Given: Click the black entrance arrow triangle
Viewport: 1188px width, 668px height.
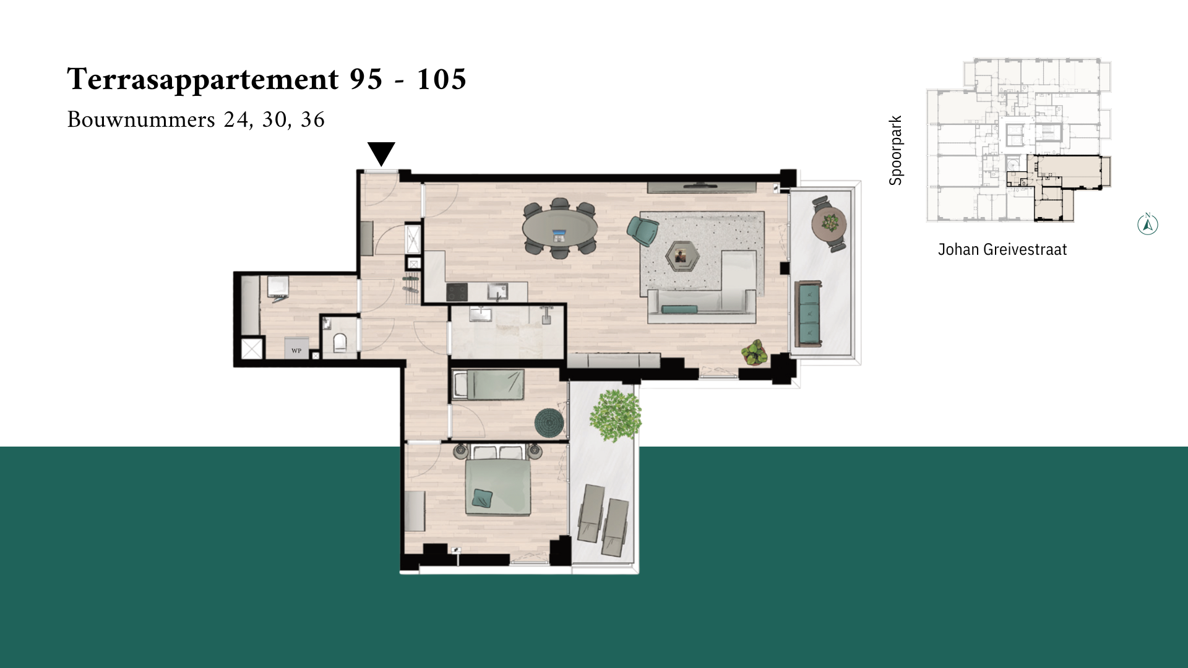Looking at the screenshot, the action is coord(381,152).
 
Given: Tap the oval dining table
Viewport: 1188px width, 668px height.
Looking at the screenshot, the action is coord(559,228).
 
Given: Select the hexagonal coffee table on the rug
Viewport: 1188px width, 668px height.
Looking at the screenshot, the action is coord(682,256).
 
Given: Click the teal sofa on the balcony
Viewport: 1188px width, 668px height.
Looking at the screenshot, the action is coord(809,314).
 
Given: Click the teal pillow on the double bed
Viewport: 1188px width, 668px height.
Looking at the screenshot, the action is coord(483,498).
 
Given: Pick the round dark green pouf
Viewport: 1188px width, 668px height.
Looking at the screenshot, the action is coord(549,423).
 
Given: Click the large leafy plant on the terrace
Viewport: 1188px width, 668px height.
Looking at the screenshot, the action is coord(615,415).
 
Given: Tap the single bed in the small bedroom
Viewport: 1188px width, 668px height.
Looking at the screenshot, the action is coord(488,385).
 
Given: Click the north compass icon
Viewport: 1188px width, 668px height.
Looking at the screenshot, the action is coord(1148,224).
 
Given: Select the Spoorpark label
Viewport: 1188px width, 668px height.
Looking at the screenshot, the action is coord(895,150).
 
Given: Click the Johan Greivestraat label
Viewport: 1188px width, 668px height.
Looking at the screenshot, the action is coord(1002,249).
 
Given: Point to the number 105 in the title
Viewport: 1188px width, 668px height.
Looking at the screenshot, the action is coord(441,79).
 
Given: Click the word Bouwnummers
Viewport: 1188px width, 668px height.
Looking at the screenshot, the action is coord(141,119).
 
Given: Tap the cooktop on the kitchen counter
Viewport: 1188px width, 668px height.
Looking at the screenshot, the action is coord(457,291).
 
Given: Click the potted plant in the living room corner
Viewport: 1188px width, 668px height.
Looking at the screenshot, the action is coord(755,353).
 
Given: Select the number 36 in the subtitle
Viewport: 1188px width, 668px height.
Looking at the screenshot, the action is coord(312,119).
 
